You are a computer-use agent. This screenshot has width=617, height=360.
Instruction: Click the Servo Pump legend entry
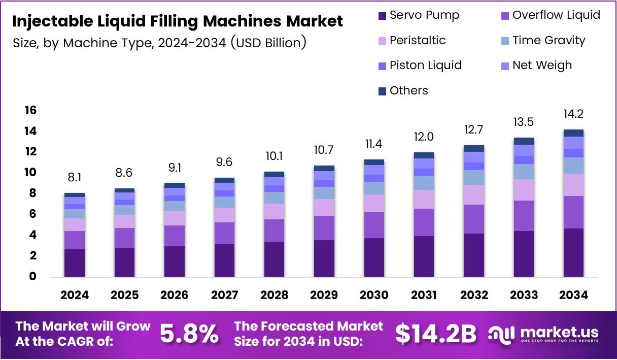(x=419, y=15)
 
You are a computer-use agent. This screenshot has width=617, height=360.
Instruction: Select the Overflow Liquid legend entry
(x=550, y=15)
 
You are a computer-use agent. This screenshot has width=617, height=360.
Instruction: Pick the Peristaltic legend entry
(x=412, y=40)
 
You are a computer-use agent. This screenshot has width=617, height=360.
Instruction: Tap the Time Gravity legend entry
(x=542, y=40)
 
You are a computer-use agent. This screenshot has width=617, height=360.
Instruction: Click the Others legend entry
(x=403, y=90)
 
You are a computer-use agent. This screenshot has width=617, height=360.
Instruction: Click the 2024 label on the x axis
(x=75, y=295)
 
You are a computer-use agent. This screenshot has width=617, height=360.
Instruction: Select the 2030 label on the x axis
(x=374, y=295)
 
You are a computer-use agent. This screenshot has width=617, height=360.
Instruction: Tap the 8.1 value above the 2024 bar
(x=75, y=178)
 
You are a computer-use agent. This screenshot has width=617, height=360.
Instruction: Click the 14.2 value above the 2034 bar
(x=573, y=114)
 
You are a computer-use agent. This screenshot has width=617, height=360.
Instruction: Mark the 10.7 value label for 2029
(x=324, y=151)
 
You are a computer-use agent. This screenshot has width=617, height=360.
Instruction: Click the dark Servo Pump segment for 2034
(x=573, y=252)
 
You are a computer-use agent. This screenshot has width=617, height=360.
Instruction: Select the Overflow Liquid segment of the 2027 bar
(x=224, y=233)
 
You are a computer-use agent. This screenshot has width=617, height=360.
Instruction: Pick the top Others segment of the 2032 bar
(x=473, y=148)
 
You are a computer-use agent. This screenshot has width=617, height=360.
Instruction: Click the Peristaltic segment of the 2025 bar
(x=124, y=221)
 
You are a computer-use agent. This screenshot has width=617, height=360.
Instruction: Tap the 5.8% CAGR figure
(x=190, y=334)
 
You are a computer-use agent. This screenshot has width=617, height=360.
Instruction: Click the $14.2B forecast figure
(x=436, y=334)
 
